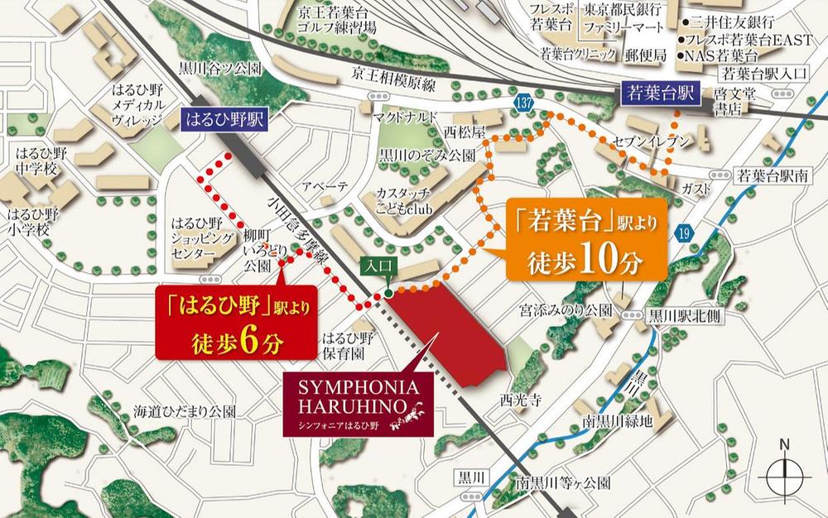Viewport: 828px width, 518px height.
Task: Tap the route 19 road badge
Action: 683,236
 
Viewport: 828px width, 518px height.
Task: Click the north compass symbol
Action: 783,476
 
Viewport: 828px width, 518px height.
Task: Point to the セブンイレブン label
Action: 652,142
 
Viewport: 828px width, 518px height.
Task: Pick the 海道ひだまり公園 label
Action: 185,411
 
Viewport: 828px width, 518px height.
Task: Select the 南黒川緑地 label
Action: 617,422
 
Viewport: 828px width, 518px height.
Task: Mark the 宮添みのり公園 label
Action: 565,309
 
